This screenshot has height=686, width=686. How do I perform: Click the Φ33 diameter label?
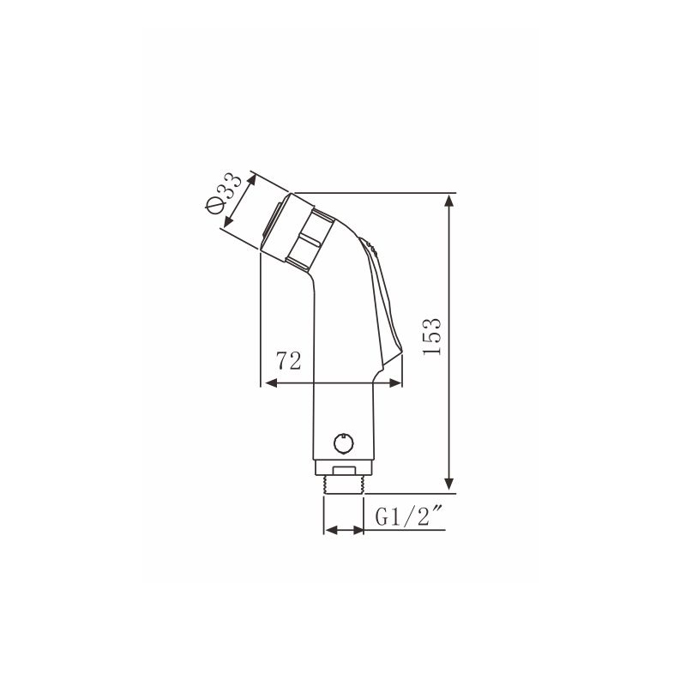[223, 193]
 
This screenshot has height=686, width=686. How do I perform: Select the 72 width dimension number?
[288, 361]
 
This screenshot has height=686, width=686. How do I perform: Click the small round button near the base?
[344, 443]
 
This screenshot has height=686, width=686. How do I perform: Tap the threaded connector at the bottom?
[344, 485]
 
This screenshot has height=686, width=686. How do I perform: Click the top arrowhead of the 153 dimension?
[448, 202]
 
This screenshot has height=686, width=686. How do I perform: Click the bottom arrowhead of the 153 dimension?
[448, 484]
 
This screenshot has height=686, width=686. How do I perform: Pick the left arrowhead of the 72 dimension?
[271, 383]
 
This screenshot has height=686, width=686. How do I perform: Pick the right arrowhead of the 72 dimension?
[395, 383]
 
